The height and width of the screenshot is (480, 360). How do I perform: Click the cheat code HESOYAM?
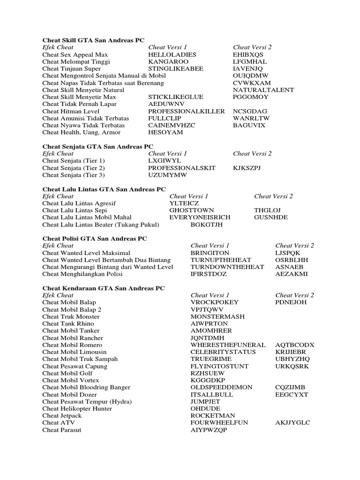(x=165, y=132)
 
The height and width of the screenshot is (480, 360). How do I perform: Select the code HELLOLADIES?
(x=172, y=54)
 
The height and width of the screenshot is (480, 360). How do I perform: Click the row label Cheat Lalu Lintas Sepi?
(x=74, y=210)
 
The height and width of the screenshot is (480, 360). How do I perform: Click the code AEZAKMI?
(x=292, y=274)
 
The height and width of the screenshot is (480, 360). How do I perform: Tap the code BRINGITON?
(x=210, y=253)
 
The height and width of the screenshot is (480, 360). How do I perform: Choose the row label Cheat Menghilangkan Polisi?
(x=82, y=274)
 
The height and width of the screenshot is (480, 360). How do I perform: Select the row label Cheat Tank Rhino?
(x=68, y=323)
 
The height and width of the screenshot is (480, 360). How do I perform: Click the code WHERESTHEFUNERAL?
(x=228, y=345)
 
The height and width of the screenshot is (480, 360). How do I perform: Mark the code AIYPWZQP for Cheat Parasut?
(x=209, y=430)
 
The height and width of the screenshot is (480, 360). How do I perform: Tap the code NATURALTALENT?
(x=263, y=90)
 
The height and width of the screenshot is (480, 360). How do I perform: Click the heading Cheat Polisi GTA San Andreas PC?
(x=94, y=238)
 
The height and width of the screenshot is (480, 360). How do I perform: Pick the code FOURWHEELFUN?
(x=219, y=423)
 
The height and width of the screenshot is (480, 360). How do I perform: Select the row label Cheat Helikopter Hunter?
(x=77, y=409)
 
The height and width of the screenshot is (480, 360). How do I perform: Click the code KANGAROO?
(x=168, y=61)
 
